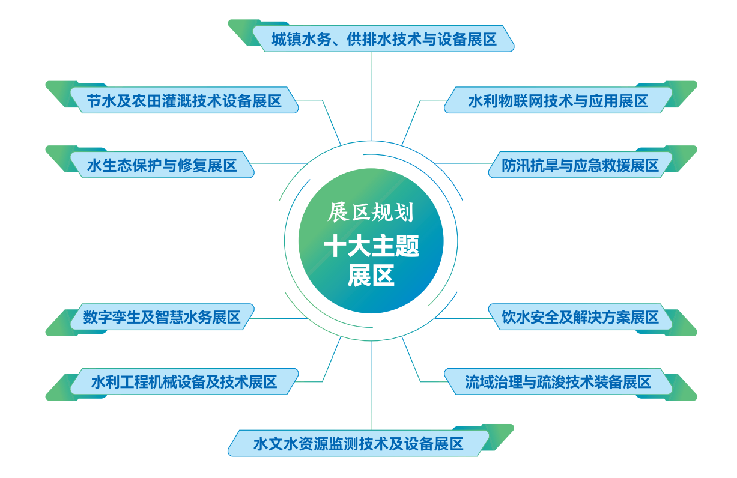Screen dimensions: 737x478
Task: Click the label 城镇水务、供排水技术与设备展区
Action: [x=383, y=39]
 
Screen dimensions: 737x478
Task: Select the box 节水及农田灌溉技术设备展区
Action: [x=184, y=100]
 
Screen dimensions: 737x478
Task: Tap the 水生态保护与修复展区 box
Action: [x=162, y=165]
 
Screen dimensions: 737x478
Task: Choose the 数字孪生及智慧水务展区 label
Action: [x=162, y=317]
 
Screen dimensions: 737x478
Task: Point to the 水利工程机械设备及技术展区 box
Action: [x=184, y=381]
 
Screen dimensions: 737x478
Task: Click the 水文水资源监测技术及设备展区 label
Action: [x=359, y=443]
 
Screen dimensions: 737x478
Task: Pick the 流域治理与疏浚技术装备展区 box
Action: [x=558, y=381]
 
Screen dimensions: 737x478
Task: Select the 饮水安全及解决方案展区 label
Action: [x=580, y=317]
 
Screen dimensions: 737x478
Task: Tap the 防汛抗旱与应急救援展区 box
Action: [x=580, y=165]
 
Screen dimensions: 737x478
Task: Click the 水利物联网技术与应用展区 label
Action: [x=558, y=100]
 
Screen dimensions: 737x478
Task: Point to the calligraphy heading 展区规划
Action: [x=371, y=212]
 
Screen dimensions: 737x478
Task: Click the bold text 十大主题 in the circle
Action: [x=371, y=246]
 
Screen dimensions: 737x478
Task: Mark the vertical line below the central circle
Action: [x=371, y=386]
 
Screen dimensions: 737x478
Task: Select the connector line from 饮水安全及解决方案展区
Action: [x=463, y=318]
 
